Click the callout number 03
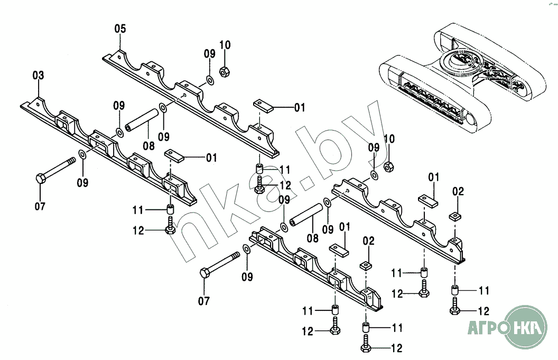(38, 76)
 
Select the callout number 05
(120, 29)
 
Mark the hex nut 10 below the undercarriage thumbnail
(388, 167)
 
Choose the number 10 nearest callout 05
(225, 45)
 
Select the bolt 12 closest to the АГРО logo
(455, 310)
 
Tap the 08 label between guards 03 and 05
(148, 144)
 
